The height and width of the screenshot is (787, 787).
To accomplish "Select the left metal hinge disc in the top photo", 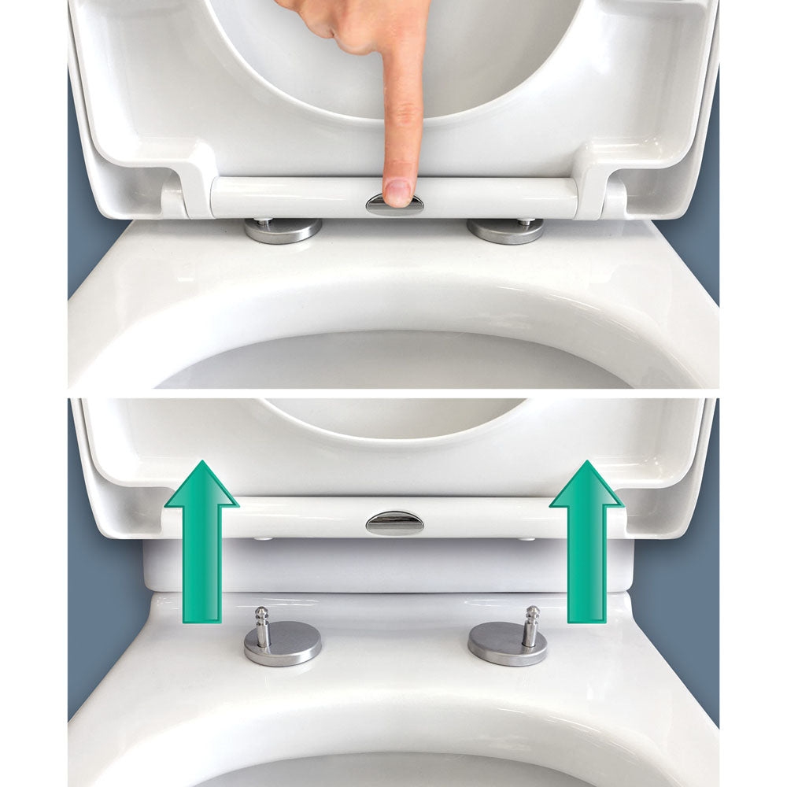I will coord(283,230).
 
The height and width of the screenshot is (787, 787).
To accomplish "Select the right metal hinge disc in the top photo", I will coord(505,230).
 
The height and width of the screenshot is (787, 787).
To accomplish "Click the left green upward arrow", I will coord(201,551).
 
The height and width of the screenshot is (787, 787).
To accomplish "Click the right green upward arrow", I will coord(586,551).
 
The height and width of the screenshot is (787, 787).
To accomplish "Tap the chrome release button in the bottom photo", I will coord(394,523).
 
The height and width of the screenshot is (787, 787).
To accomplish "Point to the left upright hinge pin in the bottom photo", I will coord(262,626).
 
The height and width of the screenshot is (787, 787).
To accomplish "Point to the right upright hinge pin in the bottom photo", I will coord(531,626).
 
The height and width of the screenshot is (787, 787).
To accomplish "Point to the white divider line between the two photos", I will coord(393,393).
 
